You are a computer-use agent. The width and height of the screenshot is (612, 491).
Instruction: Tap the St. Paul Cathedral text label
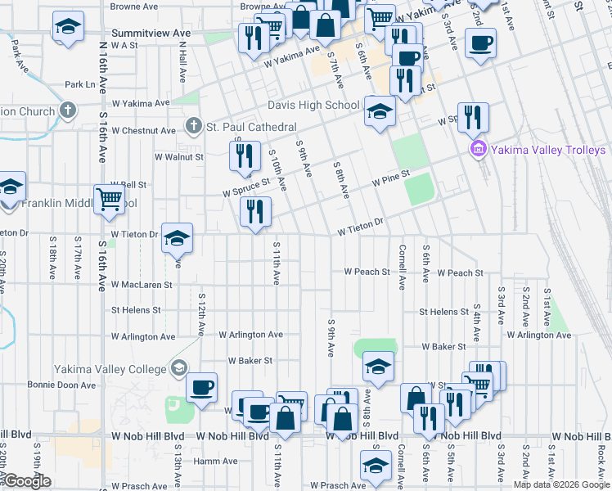point(251,127)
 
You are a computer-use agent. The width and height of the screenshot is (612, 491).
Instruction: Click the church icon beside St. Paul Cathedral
point(193,126)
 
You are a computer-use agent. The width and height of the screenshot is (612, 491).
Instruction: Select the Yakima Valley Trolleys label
point(548,150)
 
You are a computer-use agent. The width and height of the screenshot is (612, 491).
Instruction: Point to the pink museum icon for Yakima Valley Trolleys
point(478,149)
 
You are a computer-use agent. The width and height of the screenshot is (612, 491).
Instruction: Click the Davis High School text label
point(313,105)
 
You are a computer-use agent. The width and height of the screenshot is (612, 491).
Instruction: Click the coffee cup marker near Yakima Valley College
point(201,387)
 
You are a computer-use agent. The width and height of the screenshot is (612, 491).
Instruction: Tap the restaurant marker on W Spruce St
point(243,155)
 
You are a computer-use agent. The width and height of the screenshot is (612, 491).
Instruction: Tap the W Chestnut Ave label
point(144,130)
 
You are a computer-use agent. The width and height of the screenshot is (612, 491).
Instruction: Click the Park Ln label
point(80,84)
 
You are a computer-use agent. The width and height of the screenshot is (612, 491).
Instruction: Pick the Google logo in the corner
point(27,482)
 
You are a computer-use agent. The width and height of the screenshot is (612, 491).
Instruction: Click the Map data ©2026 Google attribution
point(560,484)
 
